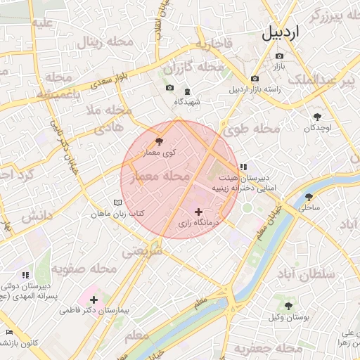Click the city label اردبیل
tap(290, 32)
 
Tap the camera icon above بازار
tap(280, 56)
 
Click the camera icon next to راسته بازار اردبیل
tap(255, 79)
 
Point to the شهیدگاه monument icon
tap(187, 91)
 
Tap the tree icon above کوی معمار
tap(158, 142)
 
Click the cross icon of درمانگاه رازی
tap(198, 212)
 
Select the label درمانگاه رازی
tap(198, 223)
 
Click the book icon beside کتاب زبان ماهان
tap(117, 202)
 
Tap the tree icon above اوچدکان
tap(317, 117)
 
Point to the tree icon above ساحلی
tap(309, 197)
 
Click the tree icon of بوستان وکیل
tap(288, 306)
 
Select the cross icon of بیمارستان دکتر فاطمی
tap(94, 300)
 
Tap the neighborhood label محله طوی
tap(251, 129)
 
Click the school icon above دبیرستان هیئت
tap(243, 167)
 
